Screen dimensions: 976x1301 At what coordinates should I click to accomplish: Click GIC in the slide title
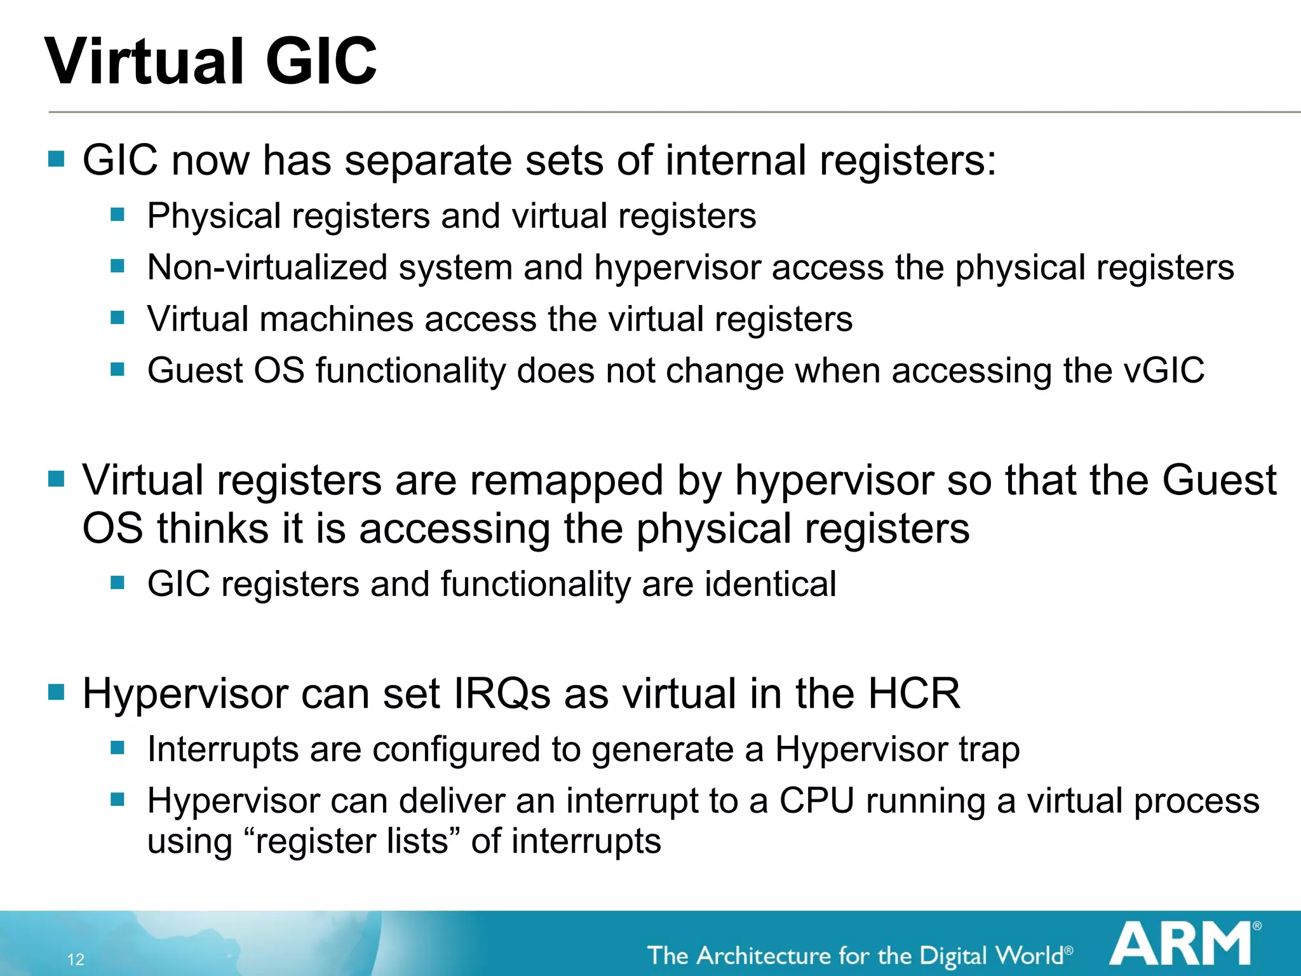click(321, 62)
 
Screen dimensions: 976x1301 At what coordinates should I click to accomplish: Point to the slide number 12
click(76, 959)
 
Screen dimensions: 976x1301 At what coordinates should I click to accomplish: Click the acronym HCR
click(914, 693)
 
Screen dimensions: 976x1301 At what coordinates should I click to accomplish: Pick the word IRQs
click(502, 693)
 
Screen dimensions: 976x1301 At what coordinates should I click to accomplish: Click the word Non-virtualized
click(267, 268)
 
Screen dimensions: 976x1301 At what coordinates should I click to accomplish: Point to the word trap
click(989, 750)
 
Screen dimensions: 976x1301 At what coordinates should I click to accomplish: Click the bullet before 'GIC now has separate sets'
click(57, 159)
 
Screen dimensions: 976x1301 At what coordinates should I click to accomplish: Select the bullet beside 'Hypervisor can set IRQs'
click(57, 692)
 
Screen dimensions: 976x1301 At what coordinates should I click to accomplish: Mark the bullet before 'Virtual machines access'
click(118, 318)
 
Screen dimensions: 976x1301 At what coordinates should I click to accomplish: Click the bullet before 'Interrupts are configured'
click(118, 748)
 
